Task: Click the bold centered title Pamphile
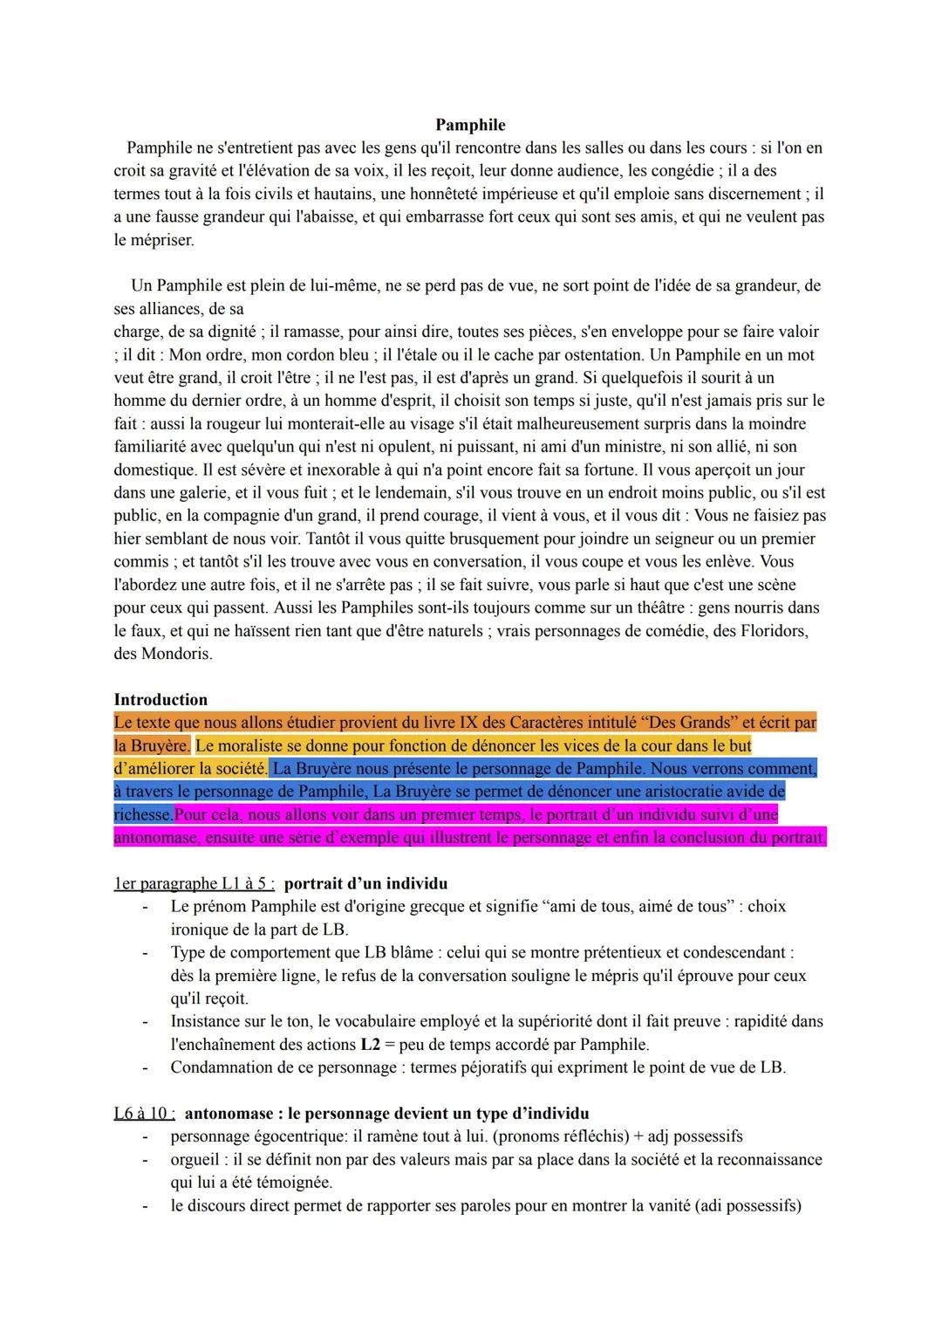pos(470,125)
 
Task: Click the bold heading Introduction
pos(160,699)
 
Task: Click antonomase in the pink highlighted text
pos(158,838)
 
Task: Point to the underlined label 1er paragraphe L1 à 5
pos(194,883)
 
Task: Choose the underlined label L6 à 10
pos(144,1113)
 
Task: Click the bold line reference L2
pos(370,1044)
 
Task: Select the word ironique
pos(200,930)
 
